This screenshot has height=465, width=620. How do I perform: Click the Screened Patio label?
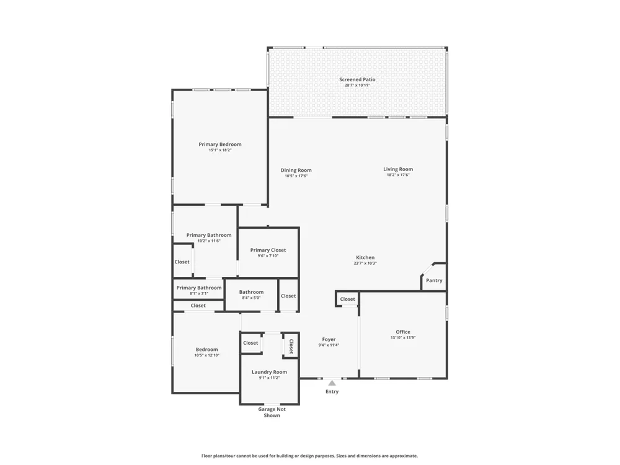click(357, 79)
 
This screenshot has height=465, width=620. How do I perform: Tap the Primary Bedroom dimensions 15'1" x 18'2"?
click(220, 150)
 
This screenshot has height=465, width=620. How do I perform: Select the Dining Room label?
click(296, 170)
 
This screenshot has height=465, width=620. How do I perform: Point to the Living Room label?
click(398, 169)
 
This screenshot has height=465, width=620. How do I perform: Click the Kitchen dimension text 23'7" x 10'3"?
click(365, 263)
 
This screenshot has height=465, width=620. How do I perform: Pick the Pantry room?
click(434, 277)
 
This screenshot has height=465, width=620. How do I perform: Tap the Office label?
click(403, 332)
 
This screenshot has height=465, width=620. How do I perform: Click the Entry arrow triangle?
click(332, 383)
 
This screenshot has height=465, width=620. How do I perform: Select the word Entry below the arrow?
click(332, 391)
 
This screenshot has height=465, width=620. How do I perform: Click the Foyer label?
click(329, 339)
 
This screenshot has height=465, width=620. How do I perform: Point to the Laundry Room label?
click(269, 372)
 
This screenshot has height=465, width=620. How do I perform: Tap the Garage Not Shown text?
click(272, 412)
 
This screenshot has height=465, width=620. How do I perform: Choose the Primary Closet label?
click(268, 250)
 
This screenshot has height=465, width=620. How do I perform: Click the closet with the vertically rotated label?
click(291, 345)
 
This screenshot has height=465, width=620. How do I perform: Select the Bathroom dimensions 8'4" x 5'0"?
click(251, 298)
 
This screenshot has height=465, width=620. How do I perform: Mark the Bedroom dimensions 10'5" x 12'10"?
click(207, 355)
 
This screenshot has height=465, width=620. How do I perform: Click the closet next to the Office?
click(348, 299)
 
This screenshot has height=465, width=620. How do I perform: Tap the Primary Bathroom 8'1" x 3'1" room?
click(198, 290)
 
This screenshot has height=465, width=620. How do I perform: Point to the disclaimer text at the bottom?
click(309, 456)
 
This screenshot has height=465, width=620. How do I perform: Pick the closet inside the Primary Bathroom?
click(182, 261)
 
